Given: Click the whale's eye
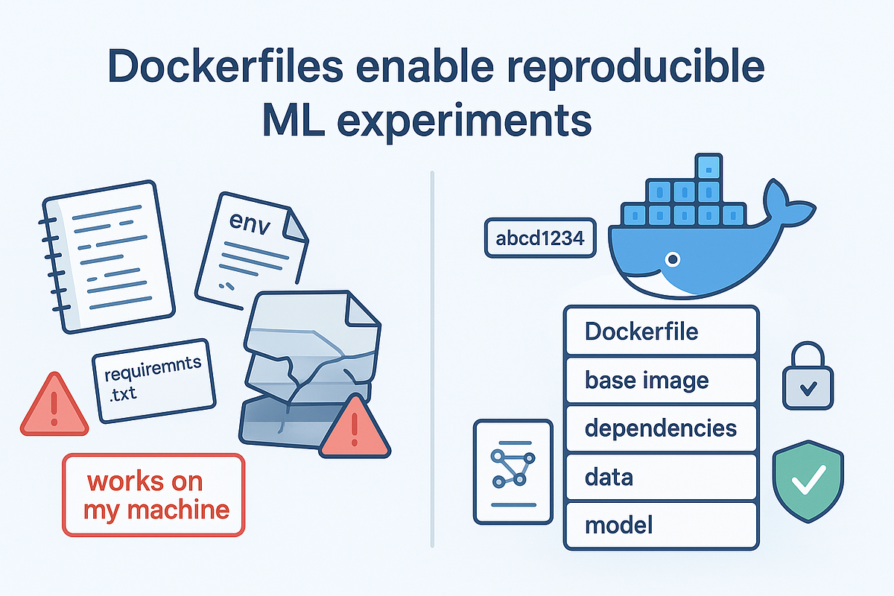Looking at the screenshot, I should click(673, 260).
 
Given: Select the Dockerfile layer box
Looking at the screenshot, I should click(661, 330).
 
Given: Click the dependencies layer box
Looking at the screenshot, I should click(661, 428).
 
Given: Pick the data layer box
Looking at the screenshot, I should click(661, 477).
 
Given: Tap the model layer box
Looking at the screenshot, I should click(661, 525).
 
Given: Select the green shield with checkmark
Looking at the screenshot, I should click(805, 481).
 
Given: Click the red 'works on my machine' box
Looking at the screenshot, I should click(153, 495).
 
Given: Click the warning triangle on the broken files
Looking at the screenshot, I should click(355, 428).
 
